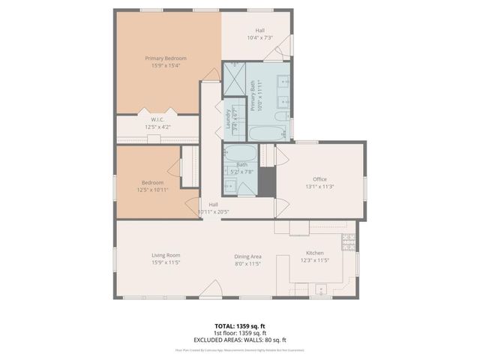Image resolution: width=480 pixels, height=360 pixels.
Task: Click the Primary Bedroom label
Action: (x=166, y=58)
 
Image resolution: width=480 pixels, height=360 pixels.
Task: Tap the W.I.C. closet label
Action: (x=157, y=119)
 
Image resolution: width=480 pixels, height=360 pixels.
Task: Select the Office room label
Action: (x=319, y=178)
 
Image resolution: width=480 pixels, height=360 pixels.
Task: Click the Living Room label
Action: (x=166, y=256)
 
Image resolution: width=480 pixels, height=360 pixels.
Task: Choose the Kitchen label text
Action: (x=314, y=253)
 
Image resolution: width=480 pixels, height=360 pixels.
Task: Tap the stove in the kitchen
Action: (x=348, y=241)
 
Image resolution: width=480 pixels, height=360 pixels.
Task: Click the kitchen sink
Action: (x=320, y=289)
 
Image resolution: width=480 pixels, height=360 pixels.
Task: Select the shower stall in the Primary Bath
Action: (x=234, y=76)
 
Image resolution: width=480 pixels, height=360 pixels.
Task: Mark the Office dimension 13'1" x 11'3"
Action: (x=319, y=187)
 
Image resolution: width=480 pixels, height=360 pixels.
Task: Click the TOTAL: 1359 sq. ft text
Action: (x=240, y=325)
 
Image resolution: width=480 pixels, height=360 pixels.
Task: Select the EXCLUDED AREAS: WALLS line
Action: (x=240, y=339)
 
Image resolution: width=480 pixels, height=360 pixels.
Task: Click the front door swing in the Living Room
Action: (x=214, y=289)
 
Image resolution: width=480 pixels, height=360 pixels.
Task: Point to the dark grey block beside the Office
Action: (x=268, y=180)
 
